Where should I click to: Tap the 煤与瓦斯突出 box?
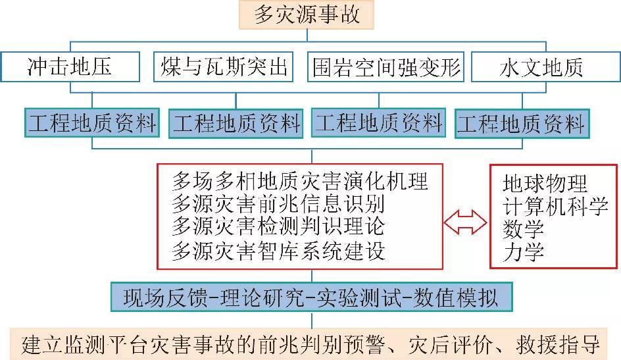coord(224,67)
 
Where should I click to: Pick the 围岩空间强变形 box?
coord(386,67)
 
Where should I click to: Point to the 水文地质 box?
coord(541,67)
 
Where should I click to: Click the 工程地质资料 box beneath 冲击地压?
coord(92,123)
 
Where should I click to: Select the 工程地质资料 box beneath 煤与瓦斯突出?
coord(236,124)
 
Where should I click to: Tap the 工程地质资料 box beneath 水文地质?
coord(520,124)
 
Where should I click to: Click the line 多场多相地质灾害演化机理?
coord(299,180)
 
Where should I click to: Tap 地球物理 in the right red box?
coord(545,183)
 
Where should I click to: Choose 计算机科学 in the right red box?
coord(555,207)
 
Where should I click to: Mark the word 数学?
coord(524,230)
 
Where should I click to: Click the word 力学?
coord(524,253)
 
